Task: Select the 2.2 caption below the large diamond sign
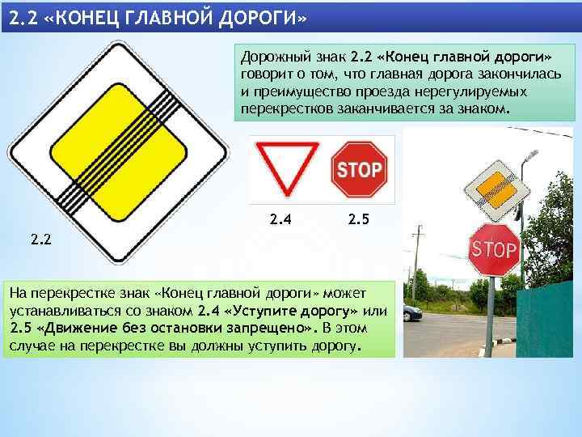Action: click(x=42, y=238)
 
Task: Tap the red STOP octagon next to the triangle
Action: click(x=360, y=169)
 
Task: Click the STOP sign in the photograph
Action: click(x=493, y=248)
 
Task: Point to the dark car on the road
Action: click(x=412, y=312)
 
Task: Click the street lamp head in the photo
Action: click(x=530, y=153)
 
